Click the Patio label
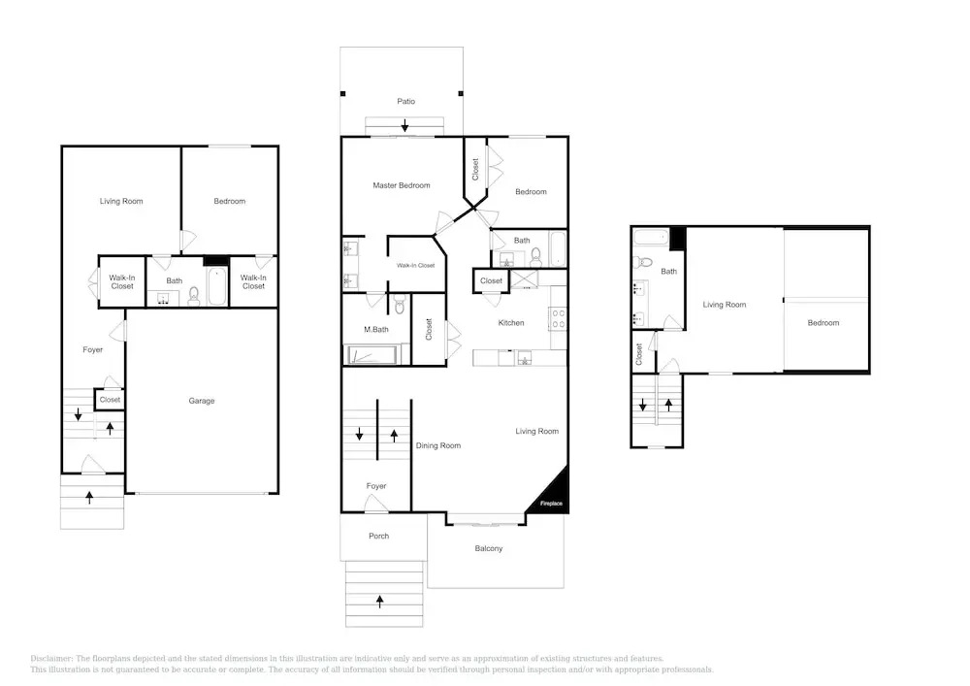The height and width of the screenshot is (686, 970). [405, 102]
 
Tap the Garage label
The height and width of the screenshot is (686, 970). [202, 401]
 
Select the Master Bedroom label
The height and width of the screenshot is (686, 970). [402, 185]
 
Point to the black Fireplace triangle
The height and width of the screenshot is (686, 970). [551, 492]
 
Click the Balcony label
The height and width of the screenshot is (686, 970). [489, 548]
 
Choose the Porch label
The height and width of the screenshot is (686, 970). [378, 537]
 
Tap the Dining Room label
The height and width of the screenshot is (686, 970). [438, 446]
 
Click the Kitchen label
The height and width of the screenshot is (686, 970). [511, 323]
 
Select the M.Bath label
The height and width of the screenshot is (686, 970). [376, 330]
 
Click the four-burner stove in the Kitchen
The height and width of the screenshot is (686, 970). [558, 319]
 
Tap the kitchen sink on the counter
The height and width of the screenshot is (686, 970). [524, 358]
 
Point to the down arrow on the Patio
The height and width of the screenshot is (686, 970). [404, 125]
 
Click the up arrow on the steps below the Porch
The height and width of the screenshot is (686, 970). [380, 601]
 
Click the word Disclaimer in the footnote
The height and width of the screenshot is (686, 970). [51, 659]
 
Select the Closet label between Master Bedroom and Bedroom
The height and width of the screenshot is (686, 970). [475, 170]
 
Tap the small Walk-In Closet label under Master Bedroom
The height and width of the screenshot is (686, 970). [416, 266]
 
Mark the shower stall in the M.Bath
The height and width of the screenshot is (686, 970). [372, 355]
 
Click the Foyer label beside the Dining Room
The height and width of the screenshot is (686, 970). [376, 486]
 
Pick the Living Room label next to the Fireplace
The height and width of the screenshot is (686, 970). [537, 431]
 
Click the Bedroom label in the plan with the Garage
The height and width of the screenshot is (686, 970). [230, 201]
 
